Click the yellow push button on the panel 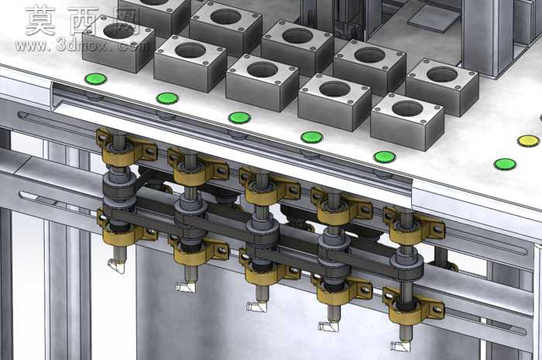528,141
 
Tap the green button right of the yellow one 506,164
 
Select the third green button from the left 239,118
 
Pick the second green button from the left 167,98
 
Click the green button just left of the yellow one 385,157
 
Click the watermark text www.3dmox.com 82,46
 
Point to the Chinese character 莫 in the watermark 40,21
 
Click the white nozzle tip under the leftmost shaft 116,266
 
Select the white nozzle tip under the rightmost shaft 400,346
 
